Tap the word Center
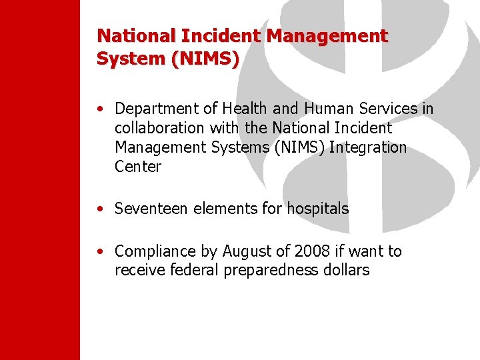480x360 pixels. pyautogui.click(x=138, y=166)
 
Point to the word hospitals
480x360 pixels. pyautogui.click(x=318, y=209)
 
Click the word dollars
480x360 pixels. pyautogui.click(x=347, y=270)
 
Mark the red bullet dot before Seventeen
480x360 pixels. pyautogui.click(x=99, y=209)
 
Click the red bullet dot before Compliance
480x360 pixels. pyautogui.click(x=99, y=252)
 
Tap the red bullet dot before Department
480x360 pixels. pyautogui.click(x=99, y=109)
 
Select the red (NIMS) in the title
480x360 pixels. pyautogui.click(x=205, y=58)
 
